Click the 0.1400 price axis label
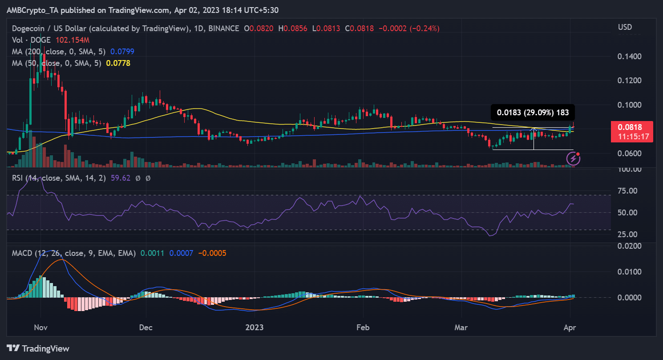tap(630, 57)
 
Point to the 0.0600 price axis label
tap(630, 154)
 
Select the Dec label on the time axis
tap(146, 328)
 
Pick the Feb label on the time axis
tap(363, 328)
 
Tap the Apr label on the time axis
tap(570, 328)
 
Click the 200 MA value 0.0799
tap(122, 52)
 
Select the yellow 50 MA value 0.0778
tap(118, 63)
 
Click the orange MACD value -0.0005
tap(212, 253)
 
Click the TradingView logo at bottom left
tap(38, 348)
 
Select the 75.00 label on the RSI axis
tap(629, 191)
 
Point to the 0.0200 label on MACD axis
tap(629, 246)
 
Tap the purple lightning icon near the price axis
tap(573, 158)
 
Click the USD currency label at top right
tap(625, 28)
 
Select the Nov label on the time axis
tap(40, 328)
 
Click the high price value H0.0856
tap(294, 28)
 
